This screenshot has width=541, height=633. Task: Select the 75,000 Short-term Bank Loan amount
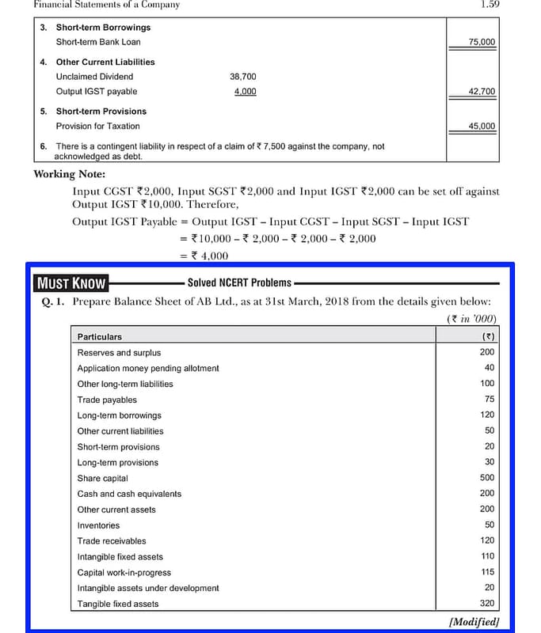point(482,42)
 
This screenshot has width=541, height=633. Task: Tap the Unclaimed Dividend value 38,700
point(242,77)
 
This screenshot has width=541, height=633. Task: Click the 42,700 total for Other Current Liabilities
point(482,92)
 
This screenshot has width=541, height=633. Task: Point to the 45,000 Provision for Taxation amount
point(482,126)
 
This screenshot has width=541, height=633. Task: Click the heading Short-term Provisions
point(101,112)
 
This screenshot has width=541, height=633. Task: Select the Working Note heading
point(70,174)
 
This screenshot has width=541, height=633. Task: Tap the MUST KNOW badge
point(71,283)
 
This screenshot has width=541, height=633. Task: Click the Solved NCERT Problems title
point(239,282)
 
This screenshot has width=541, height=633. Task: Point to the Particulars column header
point(100,337)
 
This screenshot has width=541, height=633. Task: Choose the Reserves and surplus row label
point(119,353)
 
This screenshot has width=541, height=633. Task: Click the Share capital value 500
point(486,478)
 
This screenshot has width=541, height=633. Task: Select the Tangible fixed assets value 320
point(486,604)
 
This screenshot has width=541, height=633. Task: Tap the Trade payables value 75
point(489,400)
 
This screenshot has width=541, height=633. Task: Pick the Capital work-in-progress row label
point(124,573)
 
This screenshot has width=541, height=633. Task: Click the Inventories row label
point(98,525)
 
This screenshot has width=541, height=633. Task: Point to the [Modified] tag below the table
point(474,622)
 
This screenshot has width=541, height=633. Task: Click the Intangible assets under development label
point(148,588)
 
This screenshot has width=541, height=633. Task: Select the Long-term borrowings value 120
point(486,415)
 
